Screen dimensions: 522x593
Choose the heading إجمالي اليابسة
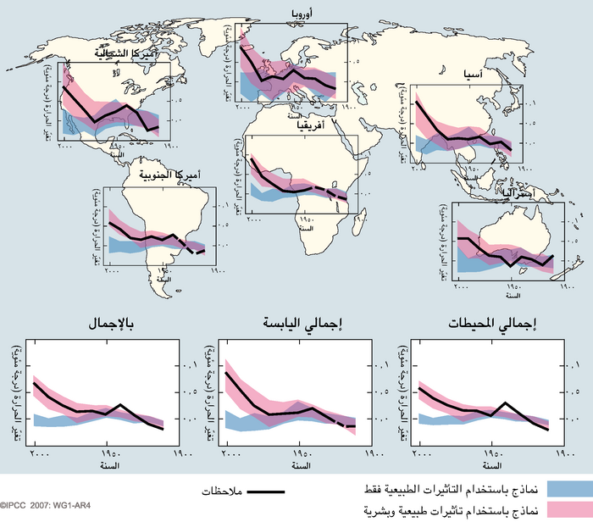click(x=296, y=325)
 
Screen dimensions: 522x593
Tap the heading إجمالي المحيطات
click(x=490, y=325)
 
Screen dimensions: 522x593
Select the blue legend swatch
click(x=568, y=489)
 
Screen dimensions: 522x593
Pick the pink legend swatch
click(x=568, y=510)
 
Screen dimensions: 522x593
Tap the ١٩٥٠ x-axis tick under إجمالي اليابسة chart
click(x=295, y=454)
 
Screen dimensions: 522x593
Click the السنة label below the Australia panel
click(x=513, y=297)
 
